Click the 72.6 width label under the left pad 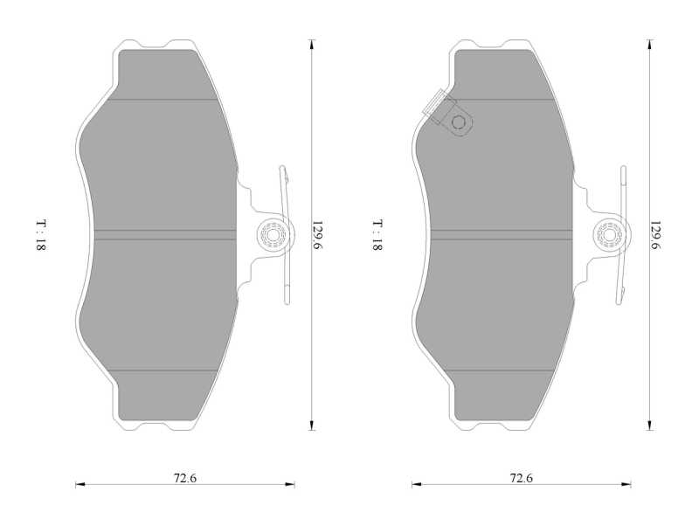point(184,478)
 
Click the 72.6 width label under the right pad point(521,478)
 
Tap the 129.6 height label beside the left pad point(316,235)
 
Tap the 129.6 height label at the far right point(654,235)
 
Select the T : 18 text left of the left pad point(40,235)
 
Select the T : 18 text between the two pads point(377,235)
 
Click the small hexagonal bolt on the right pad point(458,121)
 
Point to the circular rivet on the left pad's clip point(273,234)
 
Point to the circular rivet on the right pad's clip point(609,234)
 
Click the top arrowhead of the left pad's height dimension point(312,44)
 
